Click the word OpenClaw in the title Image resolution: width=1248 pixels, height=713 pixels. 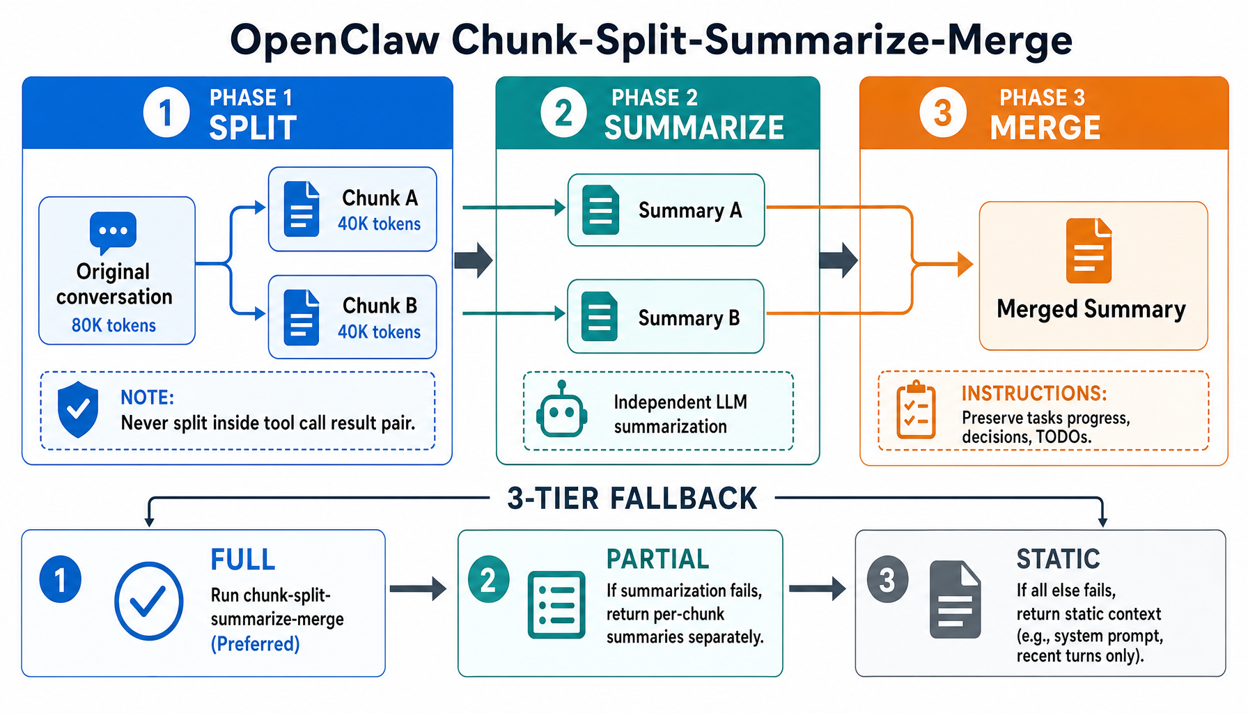pyautogui.click(x=334, y=40)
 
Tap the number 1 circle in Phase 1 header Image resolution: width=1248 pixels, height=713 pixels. pyautogui.click(x=166, y=112)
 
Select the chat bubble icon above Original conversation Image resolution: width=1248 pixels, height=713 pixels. pyautogui.click(x=113, y=232)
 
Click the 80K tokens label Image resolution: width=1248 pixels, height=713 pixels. pyautogui.click(x=114, y=325)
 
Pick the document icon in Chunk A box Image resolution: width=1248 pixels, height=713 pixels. pyautogui.click(x=302, y=209)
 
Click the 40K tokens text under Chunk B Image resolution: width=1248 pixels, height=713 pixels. pyautogui.click(x=379, y=331)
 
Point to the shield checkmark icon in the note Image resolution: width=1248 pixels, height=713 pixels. pyautogui.click(x=78, y=409)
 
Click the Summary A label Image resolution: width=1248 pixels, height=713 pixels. pyautogui.click(x=689, y=210)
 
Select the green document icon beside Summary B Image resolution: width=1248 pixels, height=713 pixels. pyautogui.click(x=599, y=317)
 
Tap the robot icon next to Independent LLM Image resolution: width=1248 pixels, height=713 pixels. pyautogui.click(x=561, y=411)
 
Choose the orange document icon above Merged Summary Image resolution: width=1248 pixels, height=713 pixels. pyautogui.click(x=1089, y=251)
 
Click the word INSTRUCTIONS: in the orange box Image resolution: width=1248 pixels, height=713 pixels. pyautogui.click(x=1033, y=393)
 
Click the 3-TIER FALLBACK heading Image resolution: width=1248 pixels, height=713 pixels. pyautogui.click(x=632, y=499)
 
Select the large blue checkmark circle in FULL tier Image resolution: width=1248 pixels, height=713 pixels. pyautogui.click(x=148, y=601)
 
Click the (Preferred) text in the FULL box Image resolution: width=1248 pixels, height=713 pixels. pyautogui.click(x=255, y=643)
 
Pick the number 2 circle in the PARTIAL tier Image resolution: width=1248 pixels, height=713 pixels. pyautogui.click(x=488, y=579)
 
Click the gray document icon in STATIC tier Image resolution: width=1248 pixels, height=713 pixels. pyautogui.click(x=955, y=600)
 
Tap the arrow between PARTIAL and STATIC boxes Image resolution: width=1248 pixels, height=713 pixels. pyautogui.click(x=818, y=588)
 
